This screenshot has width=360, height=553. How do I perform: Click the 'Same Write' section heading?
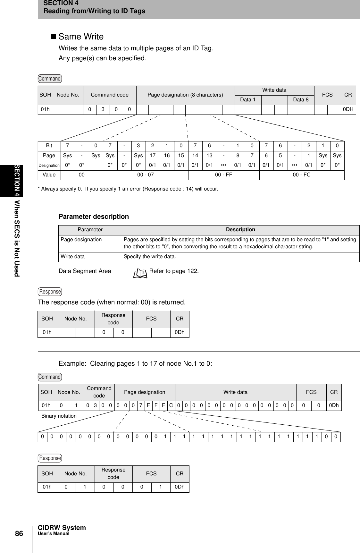pos(81,37)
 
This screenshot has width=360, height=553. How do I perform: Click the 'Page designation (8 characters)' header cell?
pos(185,95)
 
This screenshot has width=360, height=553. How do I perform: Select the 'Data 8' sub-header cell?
pos(301,99)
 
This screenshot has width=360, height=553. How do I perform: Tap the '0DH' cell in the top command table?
pos(348,109)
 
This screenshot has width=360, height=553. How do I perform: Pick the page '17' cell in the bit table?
pos(153,156)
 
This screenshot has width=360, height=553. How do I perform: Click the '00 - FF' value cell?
pos(223,175)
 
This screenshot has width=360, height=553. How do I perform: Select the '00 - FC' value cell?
pos(302,175)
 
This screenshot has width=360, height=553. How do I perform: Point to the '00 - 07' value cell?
pos(146,175)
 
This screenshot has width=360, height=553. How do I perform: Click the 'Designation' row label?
pos(49,166)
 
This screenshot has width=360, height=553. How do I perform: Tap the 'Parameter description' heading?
pos(94,217)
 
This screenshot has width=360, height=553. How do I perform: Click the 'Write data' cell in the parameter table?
pos(73,257)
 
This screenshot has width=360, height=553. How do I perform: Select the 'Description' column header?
pos(240,230)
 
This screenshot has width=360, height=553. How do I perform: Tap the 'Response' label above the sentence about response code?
pos(50,292)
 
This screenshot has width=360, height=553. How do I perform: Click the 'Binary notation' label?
pos(59,416)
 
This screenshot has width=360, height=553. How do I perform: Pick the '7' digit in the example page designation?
pos(140,405)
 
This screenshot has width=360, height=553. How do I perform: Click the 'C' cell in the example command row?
pos(171,405)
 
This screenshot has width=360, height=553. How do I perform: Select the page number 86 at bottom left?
pos(19,534)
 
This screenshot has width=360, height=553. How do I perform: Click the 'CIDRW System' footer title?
pos(62,528)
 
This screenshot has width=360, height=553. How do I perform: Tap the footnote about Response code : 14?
pos(128,189)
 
